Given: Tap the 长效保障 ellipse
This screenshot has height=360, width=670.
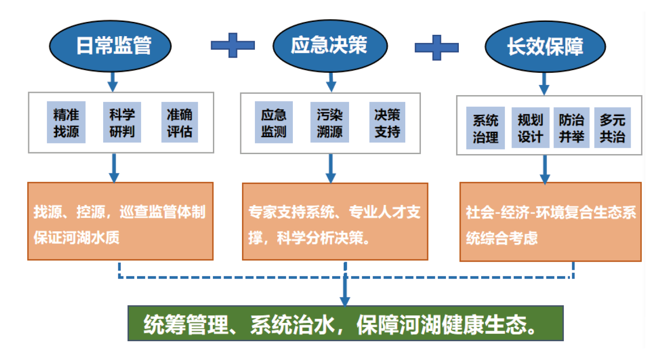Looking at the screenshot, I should (x=545, y=48).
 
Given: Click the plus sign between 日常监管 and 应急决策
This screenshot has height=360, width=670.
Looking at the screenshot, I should (x=233, y=45).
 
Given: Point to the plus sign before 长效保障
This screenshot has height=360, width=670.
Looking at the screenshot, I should (x=437, y=47).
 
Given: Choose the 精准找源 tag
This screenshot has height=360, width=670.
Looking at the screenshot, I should (x=66, y=122).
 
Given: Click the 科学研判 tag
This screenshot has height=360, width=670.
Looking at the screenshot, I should (x=122, y=122).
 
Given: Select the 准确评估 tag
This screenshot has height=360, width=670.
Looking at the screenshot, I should (x=179, y=122).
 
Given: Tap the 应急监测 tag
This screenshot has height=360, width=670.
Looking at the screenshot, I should (x=274, y=122).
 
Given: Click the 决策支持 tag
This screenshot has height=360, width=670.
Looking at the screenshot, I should (x=387, y=122).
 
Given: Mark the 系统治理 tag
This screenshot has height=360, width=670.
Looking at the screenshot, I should (x=485, y=128).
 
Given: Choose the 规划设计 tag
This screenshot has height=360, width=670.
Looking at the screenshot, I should (x=530, y=128).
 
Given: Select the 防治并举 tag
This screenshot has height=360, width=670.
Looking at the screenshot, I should (x=571, y=128).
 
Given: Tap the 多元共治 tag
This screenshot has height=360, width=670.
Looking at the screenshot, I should (x=612, y=128).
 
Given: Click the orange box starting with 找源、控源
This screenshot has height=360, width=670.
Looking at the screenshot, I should (x=120, y=221).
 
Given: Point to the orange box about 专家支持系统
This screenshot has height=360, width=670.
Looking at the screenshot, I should (x=335, y=221).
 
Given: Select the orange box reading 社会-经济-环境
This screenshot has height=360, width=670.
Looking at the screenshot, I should (x=550, y=222).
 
